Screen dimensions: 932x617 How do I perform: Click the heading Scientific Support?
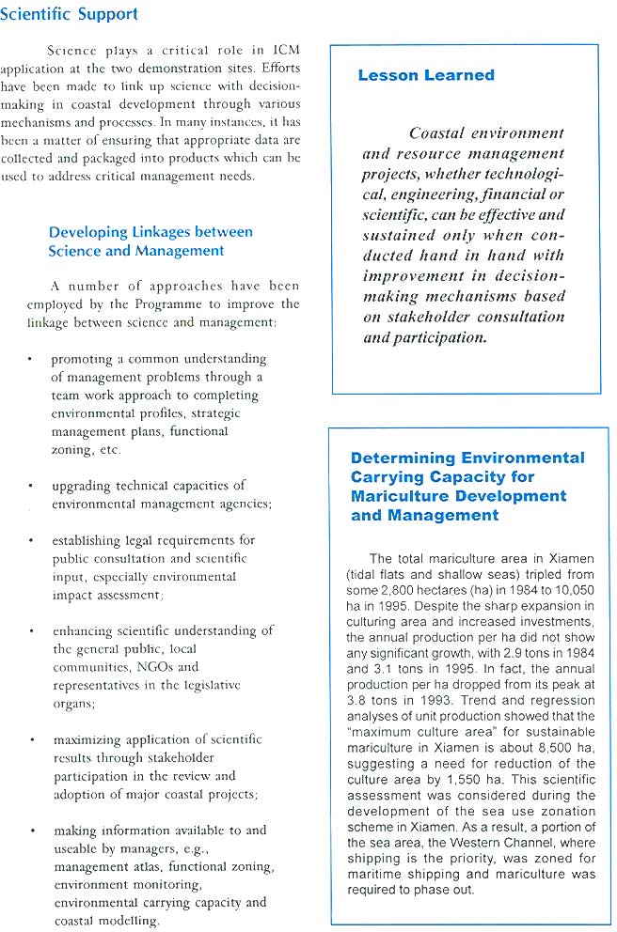(70, 14)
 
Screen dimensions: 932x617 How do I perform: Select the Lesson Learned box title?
(425, 75)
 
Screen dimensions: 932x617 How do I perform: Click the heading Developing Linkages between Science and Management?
(150, 241)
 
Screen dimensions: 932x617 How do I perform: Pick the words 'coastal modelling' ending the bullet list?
(106, 921)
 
